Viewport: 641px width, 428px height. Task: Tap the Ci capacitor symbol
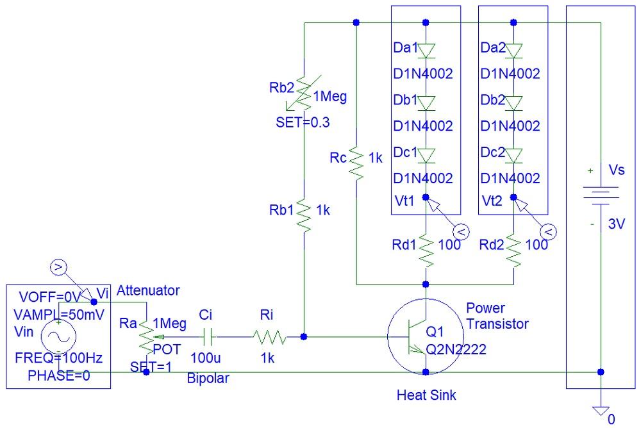tap(208, 336)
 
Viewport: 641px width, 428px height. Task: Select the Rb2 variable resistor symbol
tap(304, 96)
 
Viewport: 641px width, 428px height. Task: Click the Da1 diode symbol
tap(425, 50)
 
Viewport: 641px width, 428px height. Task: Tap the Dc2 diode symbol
tap(513, 156)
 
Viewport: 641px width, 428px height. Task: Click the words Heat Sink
tap(426, 395)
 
